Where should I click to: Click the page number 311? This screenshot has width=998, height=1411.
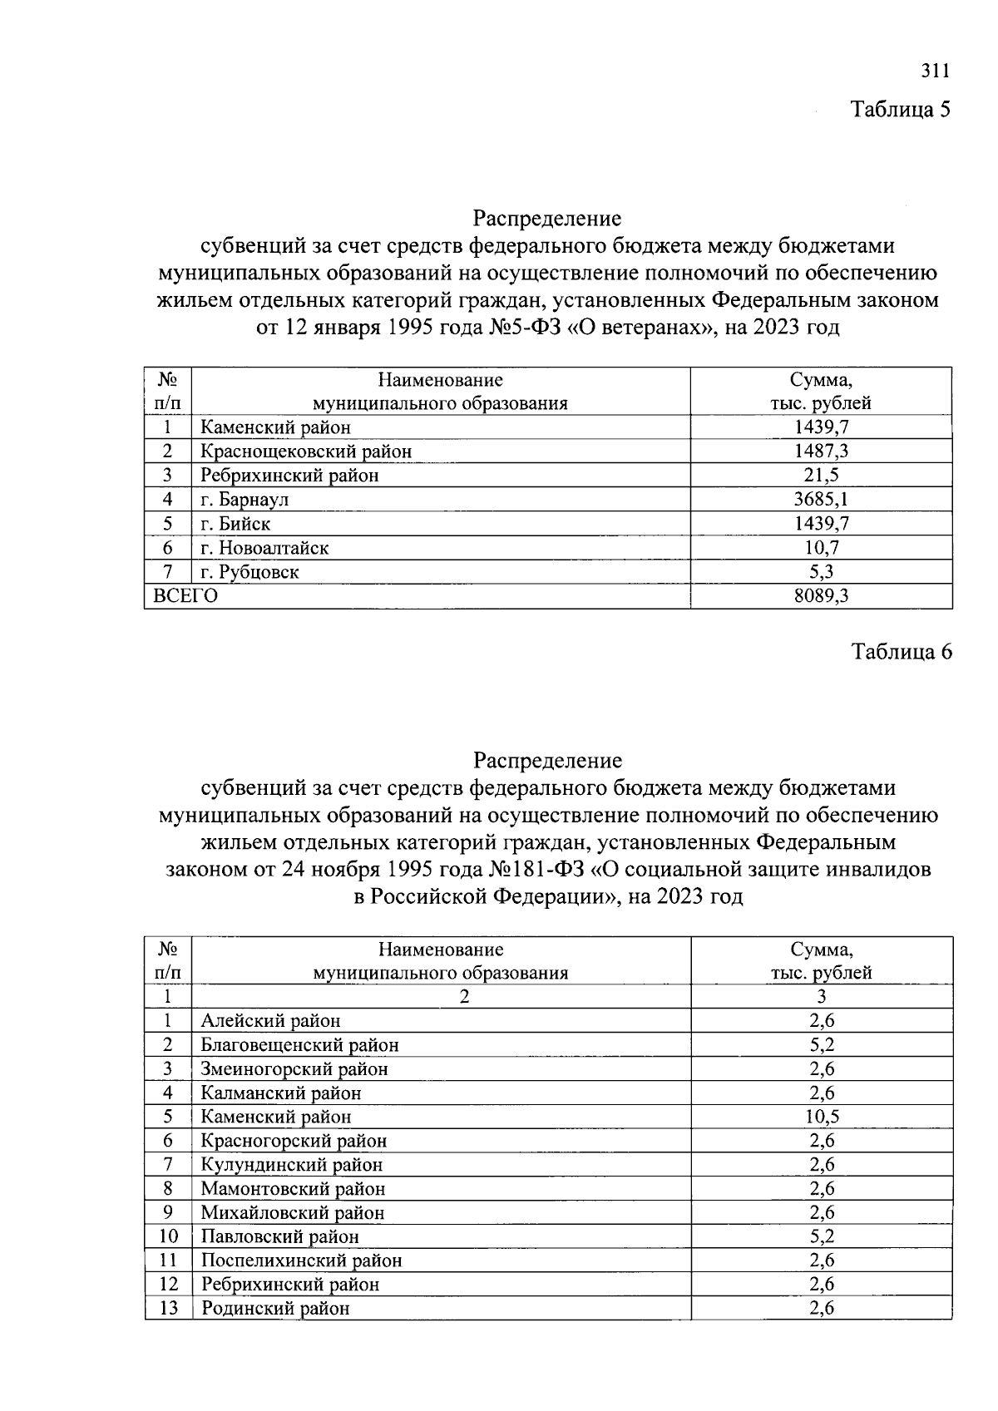pyautogui.click(x=935, y=71)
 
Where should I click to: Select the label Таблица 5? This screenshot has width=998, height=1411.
pyautogui.click(x=900, y=109)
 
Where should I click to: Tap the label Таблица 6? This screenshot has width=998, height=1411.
pyautogui.click(x=901, y=652)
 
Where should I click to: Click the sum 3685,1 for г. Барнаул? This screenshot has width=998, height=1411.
pyautogui.click(x=821, y=500)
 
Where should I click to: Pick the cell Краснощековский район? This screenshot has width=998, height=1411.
pyautogui.click(x=306, y=451)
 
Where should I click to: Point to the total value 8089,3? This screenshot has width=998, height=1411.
pyautogui.click(x=821, y=596)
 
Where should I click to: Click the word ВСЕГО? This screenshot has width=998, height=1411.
pyautogui.click(x=185, y=596)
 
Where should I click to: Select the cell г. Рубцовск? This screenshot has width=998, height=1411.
pyautogui.click(x=249, y=572)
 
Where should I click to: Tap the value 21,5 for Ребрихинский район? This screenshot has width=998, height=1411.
pyautogui.click(x=821, y=476)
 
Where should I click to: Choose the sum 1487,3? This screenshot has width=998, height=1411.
pyautogui.click(x=821, y=451)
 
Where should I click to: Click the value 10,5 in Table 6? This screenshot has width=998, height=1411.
pyautogui.click(x=822, y=1117)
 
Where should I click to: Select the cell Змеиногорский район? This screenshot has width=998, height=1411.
pyautogui.click(x=294, y=1069)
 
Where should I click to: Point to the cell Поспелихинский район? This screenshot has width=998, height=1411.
pyautogui.click(x=301, y=1261)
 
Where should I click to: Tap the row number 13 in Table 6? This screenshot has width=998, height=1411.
pyautogui.click(x=168, y=1308)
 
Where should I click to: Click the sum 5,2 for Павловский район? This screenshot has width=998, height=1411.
pyautogui.click(x=822, y=1236)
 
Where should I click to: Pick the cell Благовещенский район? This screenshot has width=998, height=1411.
pyautogui.click(x=299, y=1045)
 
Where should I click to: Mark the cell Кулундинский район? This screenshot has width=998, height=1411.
pyautogui.click(x=292, y=1165)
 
